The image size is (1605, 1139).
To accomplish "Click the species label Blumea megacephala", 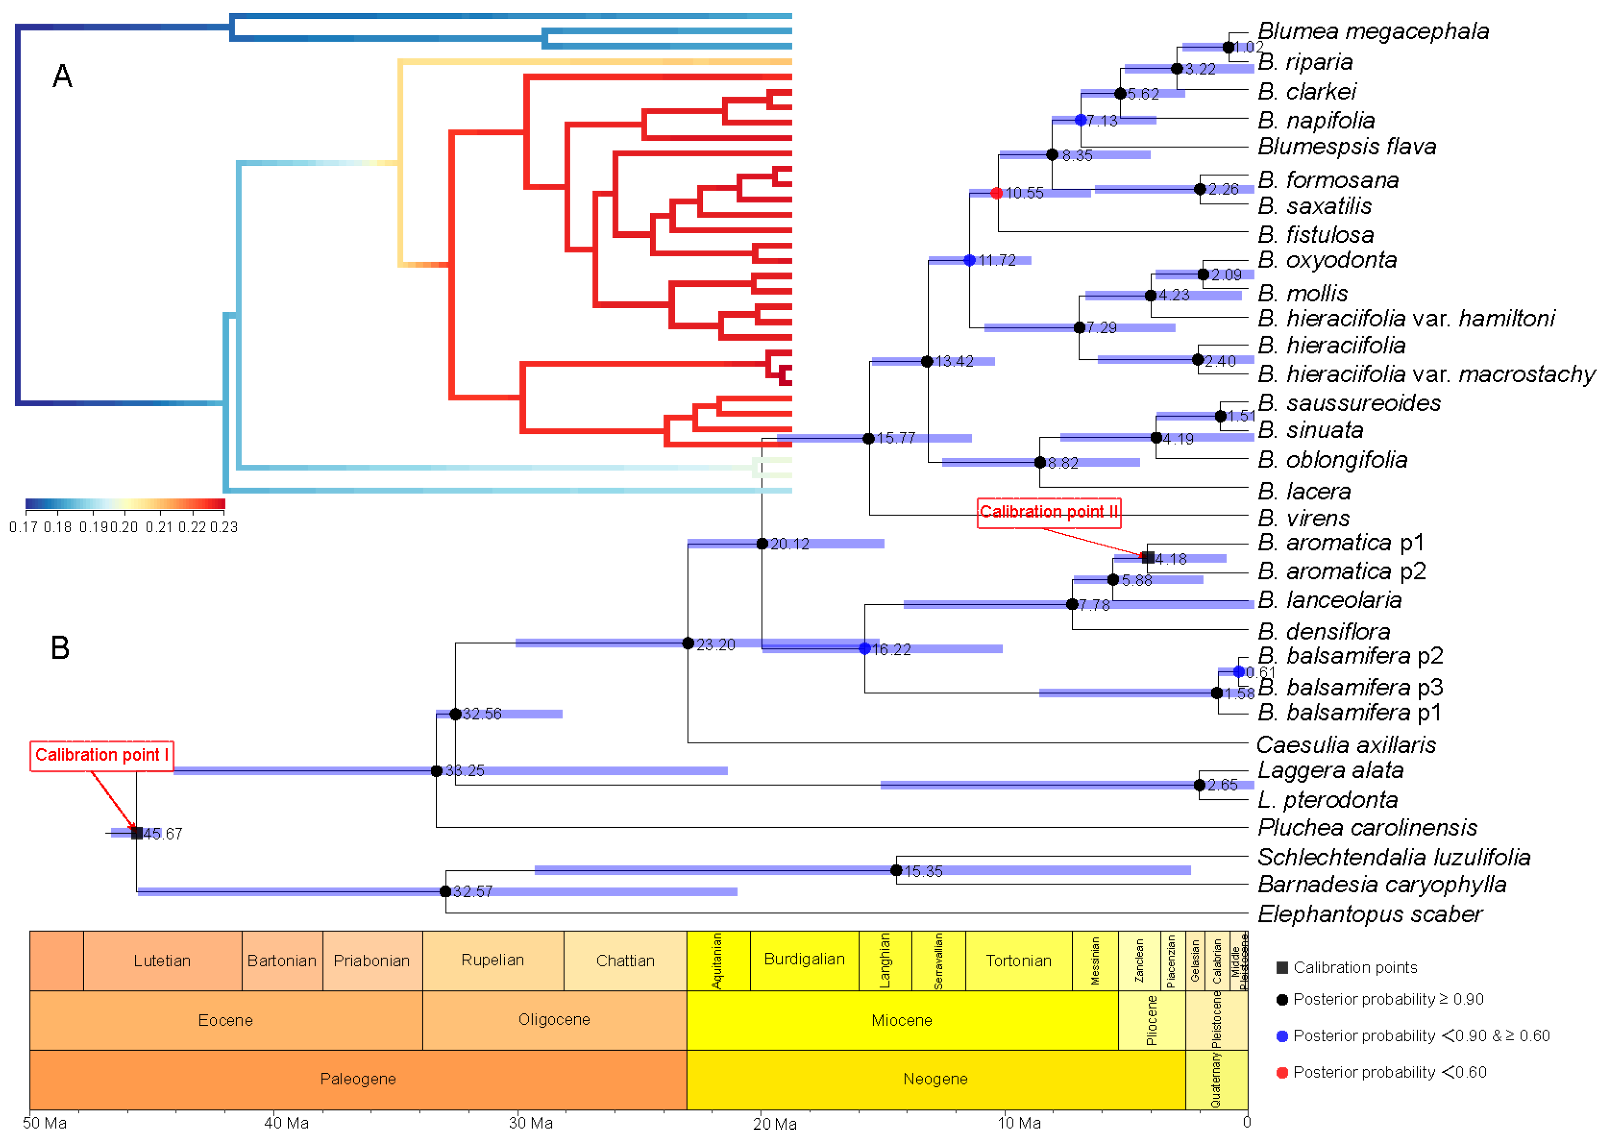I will pyautogui.click(x=1372, y=31).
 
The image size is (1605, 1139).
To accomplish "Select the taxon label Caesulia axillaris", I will pyautogui.click(x=1345, y=744).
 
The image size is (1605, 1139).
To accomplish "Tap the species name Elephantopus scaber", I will pyautogui.click(x=1369, y=914).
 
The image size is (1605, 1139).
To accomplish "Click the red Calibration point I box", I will pyautogui.click(x=102, y=755).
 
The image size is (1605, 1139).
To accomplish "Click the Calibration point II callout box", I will pyautogui.click(x=1048, y=512).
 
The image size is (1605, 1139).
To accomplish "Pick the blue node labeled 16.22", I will pyautogui.click(x=864, y=649).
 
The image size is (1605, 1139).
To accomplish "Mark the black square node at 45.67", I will pyautogui.click(x=137, y=833).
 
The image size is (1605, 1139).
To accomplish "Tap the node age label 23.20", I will pyautogui.click(x=715, y=645).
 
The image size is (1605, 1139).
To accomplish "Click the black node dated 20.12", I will pyautogui.click(x=762, y=544).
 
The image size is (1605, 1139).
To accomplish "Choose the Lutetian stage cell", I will pyautogui.click(x=162, y=961).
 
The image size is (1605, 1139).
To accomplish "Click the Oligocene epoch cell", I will pyautogui.click(x=554, y=1020).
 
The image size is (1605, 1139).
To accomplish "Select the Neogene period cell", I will pyautogui.click(x=935, y=1079).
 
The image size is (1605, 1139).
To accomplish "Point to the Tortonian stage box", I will pyautogui.click(x=1019, y=961).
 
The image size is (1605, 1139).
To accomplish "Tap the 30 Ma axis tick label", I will pyautogui.click(x=530, y=1124).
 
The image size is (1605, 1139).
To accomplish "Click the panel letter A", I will pyautogui.click(x=62, y=76).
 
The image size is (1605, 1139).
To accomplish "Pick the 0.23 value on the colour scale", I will pyautogui.click(x=224, y=527).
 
